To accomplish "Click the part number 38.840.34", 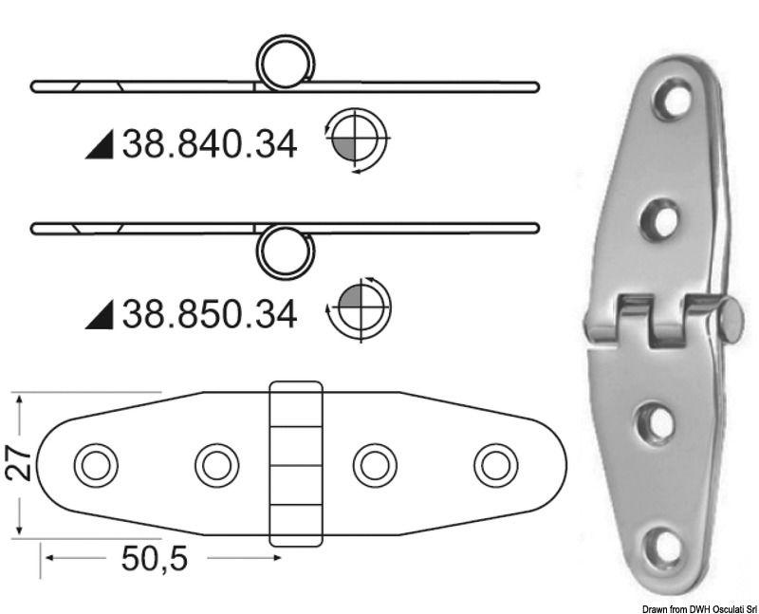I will (210, 144).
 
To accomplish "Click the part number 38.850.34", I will (210, 312).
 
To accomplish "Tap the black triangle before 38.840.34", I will (100, 146).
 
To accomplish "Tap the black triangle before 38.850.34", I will (100, 314).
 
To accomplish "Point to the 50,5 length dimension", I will (154, 560).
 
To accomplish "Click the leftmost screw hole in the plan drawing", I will (94, 465).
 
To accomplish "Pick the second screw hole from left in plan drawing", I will (216, 465).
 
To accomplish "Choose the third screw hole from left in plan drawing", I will (374, 465).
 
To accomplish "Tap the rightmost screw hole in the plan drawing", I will (494, 465).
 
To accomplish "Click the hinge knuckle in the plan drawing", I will (296, 464).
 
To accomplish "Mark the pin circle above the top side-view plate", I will (286, 63).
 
